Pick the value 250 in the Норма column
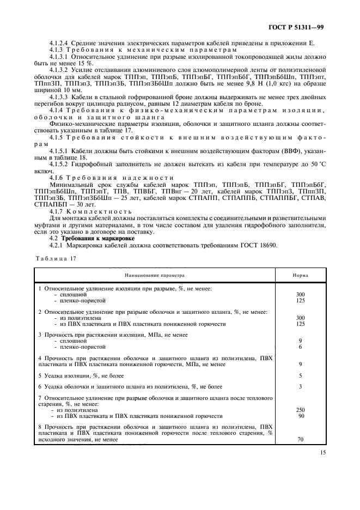(300, 409)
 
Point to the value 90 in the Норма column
(300, 416)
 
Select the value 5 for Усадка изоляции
(300, 375)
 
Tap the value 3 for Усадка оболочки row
(300, 386)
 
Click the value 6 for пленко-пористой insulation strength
(300, 347)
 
